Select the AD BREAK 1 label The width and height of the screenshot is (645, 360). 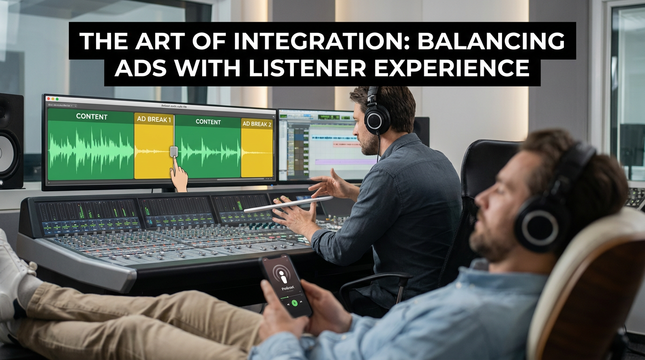[x=154, y=120]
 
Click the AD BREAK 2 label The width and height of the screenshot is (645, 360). [x=256, y=124]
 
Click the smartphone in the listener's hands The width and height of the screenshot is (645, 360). [x=285, y=285]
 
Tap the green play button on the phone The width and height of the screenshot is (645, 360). [x=294, y=302]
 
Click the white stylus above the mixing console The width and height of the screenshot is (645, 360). [x=288, y=204]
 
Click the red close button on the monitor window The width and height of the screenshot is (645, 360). [x=48, y=99]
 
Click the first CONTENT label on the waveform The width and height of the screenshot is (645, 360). [x=91, y=116]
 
